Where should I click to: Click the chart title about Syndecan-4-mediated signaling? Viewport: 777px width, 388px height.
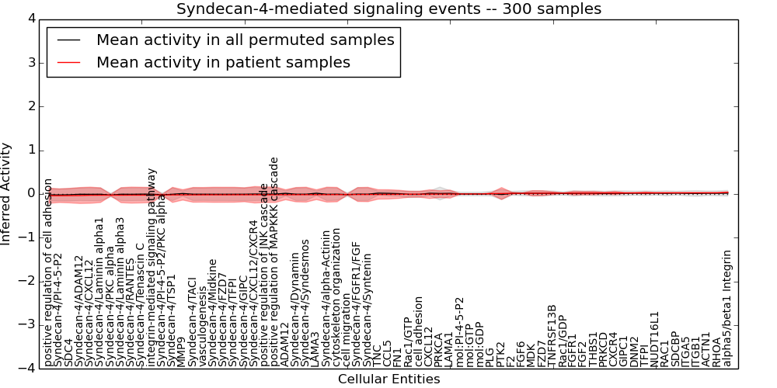click(388, 9)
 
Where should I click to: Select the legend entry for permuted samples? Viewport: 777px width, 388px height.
click(245, 40)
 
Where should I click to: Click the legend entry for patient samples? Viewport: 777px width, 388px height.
click(223, 62)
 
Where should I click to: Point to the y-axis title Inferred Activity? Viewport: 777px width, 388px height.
click(7, 194)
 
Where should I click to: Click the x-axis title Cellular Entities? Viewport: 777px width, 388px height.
click(388, 379)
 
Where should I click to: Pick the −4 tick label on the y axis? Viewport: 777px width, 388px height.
click(25, 368)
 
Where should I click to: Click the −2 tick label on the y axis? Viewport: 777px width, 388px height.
click(25, 281)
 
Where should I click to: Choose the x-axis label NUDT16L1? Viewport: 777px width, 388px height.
click(654, 339)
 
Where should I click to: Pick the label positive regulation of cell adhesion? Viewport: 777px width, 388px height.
click(48, 272)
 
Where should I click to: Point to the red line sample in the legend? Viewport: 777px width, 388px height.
click(68, 62)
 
